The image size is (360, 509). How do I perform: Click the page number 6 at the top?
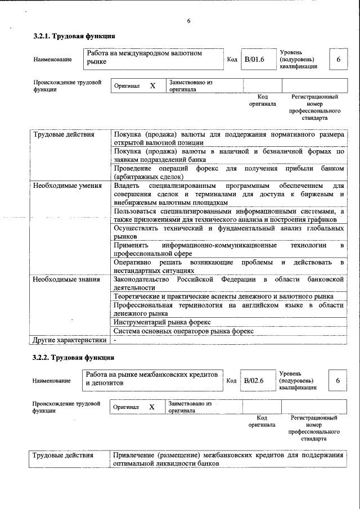pos(188,21)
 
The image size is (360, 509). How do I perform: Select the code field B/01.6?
pos(254,59)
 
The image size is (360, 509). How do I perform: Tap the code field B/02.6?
pos(254,381)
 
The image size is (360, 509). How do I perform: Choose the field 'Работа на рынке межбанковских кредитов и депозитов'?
pos(152,380)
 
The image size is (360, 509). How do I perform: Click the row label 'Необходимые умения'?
pos(67,186)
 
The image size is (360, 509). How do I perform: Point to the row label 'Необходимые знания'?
pos(67,279)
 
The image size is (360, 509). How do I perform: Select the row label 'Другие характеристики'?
pos(69,340)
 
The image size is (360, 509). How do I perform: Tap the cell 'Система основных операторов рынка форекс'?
pos(184,331)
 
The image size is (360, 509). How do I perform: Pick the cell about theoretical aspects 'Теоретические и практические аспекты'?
pos(223,296)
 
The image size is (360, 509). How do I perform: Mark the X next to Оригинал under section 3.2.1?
pos(152,86)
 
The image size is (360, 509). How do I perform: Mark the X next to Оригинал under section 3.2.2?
pos(151,407)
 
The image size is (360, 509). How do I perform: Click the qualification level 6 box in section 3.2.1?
pos(338,59)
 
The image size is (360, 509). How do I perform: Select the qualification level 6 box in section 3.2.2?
pos(337,381)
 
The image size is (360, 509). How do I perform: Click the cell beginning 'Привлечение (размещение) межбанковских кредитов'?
pos(228,459)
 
